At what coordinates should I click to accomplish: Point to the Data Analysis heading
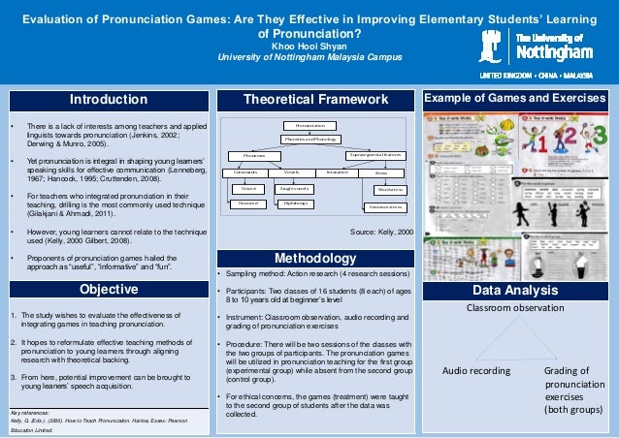click(x=514, y=291)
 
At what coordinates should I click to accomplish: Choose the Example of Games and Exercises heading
click(x=514, y=100)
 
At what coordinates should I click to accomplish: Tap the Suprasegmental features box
click(x=375, y=155)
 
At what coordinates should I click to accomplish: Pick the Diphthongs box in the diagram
click(x=295, y=203)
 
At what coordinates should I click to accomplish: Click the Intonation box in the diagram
click(x=337, y=172)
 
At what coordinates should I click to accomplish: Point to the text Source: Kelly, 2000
click(x=381, y=234)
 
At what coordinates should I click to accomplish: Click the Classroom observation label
click(x=514, y=308)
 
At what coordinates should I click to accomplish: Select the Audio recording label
click(x=475, y=370)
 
